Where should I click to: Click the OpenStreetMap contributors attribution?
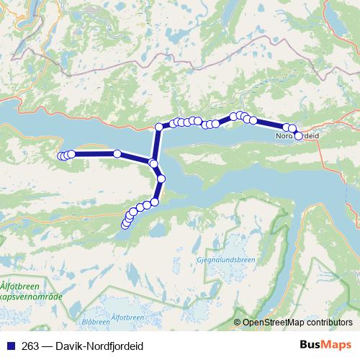[297, 323]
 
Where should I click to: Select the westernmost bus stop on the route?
[61, 156]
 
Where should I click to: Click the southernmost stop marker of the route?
[125, 225]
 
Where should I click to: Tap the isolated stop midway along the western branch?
[117, 153]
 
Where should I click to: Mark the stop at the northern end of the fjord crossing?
[159, 127]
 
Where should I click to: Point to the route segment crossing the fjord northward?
[156, 144]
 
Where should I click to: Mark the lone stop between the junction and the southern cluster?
[161, 179]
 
